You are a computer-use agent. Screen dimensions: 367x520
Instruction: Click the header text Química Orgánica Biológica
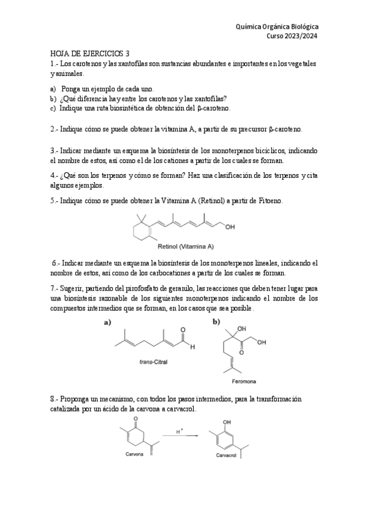[x=277, y=27]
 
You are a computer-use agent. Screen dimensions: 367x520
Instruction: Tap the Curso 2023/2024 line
[x=292, y=36]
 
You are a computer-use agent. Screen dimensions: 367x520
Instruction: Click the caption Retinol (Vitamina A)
[x=186, y=247]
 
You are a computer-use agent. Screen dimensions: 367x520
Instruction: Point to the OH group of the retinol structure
[x=230, y=227]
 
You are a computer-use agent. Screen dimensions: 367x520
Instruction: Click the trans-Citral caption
[x=154, y=362]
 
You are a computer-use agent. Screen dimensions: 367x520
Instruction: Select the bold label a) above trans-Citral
[x=107, y=321]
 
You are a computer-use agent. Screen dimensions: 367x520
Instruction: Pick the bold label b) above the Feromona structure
[x=216, y=321]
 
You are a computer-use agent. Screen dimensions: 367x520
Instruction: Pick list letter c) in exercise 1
[x=53, y=108]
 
